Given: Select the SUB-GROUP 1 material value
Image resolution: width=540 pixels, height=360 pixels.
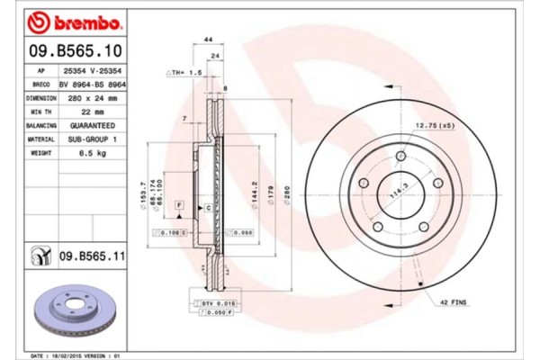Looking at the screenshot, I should click(x=90, y=139).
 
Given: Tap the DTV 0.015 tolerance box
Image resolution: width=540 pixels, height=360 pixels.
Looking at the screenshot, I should click(x=214, y=302).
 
